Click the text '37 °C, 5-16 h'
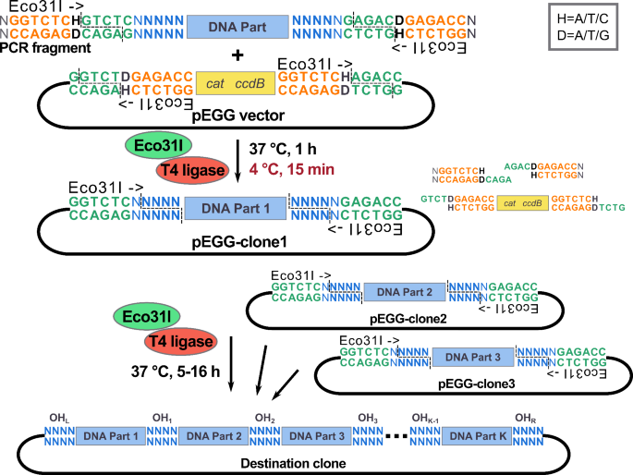click(159, 372)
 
